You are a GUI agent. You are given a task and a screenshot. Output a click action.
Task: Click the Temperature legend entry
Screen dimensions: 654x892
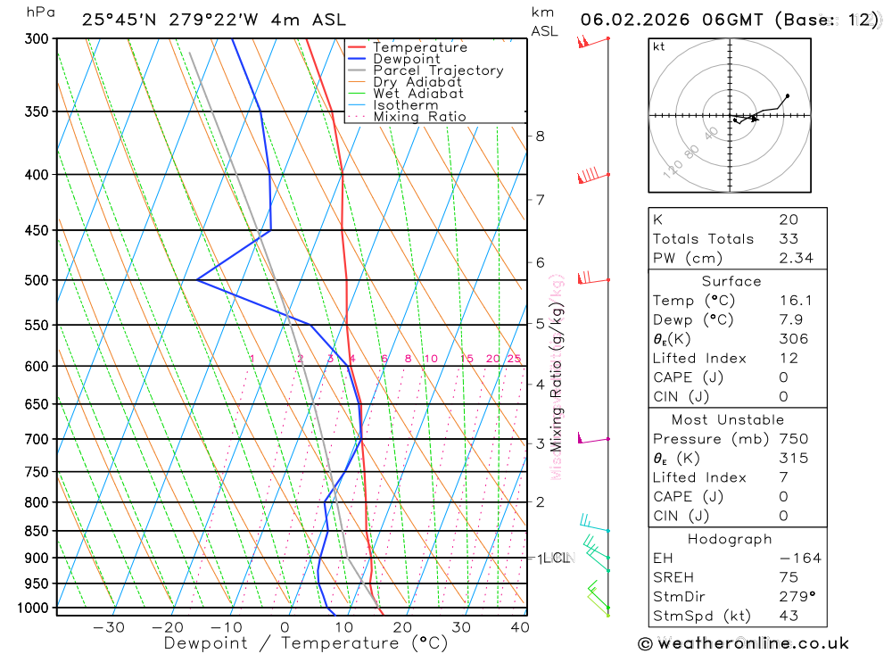click(x=419, y=47)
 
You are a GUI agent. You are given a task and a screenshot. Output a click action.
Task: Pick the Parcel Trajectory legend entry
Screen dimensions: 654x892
click(x=438, y=70)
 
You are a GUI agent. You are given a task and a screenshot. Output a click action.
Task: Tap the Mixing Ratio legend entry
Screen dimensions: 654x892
click(x=419, y=117)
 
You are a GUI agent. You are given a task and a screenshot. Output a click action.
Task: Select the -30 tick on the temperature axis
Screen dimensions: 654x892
click(x=109, y=627)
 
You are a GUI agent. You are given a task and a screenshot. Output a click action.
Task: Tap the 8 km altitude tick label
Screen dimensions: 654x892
click(x=540, y=136)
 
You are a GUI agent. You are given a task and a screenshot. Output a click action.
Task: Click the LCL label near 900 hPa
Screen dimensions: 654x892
click(x=557, y=559)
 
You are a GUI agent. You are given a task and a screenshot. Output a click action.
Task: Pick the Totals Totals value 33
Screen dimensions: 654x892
click(x=787, y=238)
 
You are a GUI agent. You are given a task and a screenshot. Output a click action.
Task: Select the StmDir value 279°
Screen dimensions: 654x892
click(x=792, y=596)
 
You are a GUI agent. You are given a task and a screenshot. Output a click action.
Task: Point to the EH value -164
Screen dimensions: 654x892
click(x=796, y=559)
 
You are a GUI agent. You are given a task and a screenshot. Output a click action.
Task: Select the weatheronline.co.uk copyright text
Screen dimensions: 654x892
click(x=743, y=643)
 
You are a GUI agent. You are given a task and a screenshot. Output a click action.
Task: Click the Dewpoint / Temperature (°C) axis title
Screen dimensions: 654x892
click(x=306, y=642)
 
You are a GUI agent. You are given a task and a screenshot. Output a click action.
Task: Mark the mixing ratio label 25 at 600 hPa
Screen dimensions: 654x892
click(x=514, y=359)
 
